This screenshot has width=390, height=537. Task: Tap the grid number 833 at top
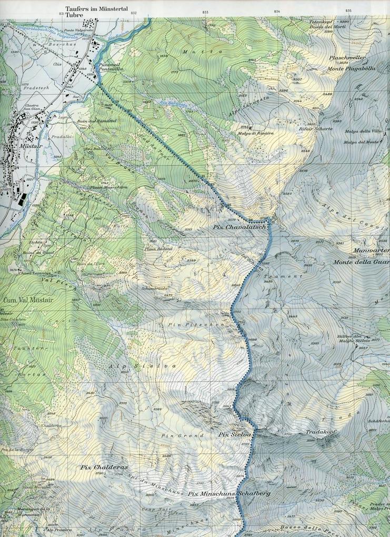point(205,12)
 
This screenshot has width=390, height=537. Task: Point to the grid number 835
point(348,11)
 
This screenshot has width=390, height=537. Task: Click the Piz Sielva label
point(233,435)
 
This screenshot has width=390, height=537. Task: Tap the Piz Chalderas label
point(104,467)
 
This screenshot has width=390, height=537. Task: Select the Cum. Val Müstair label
point(24,300)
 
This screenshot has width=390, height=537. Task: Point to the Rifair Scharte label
point(307,129)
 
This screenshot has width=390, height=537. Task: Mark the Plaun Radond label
point(158,248)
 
